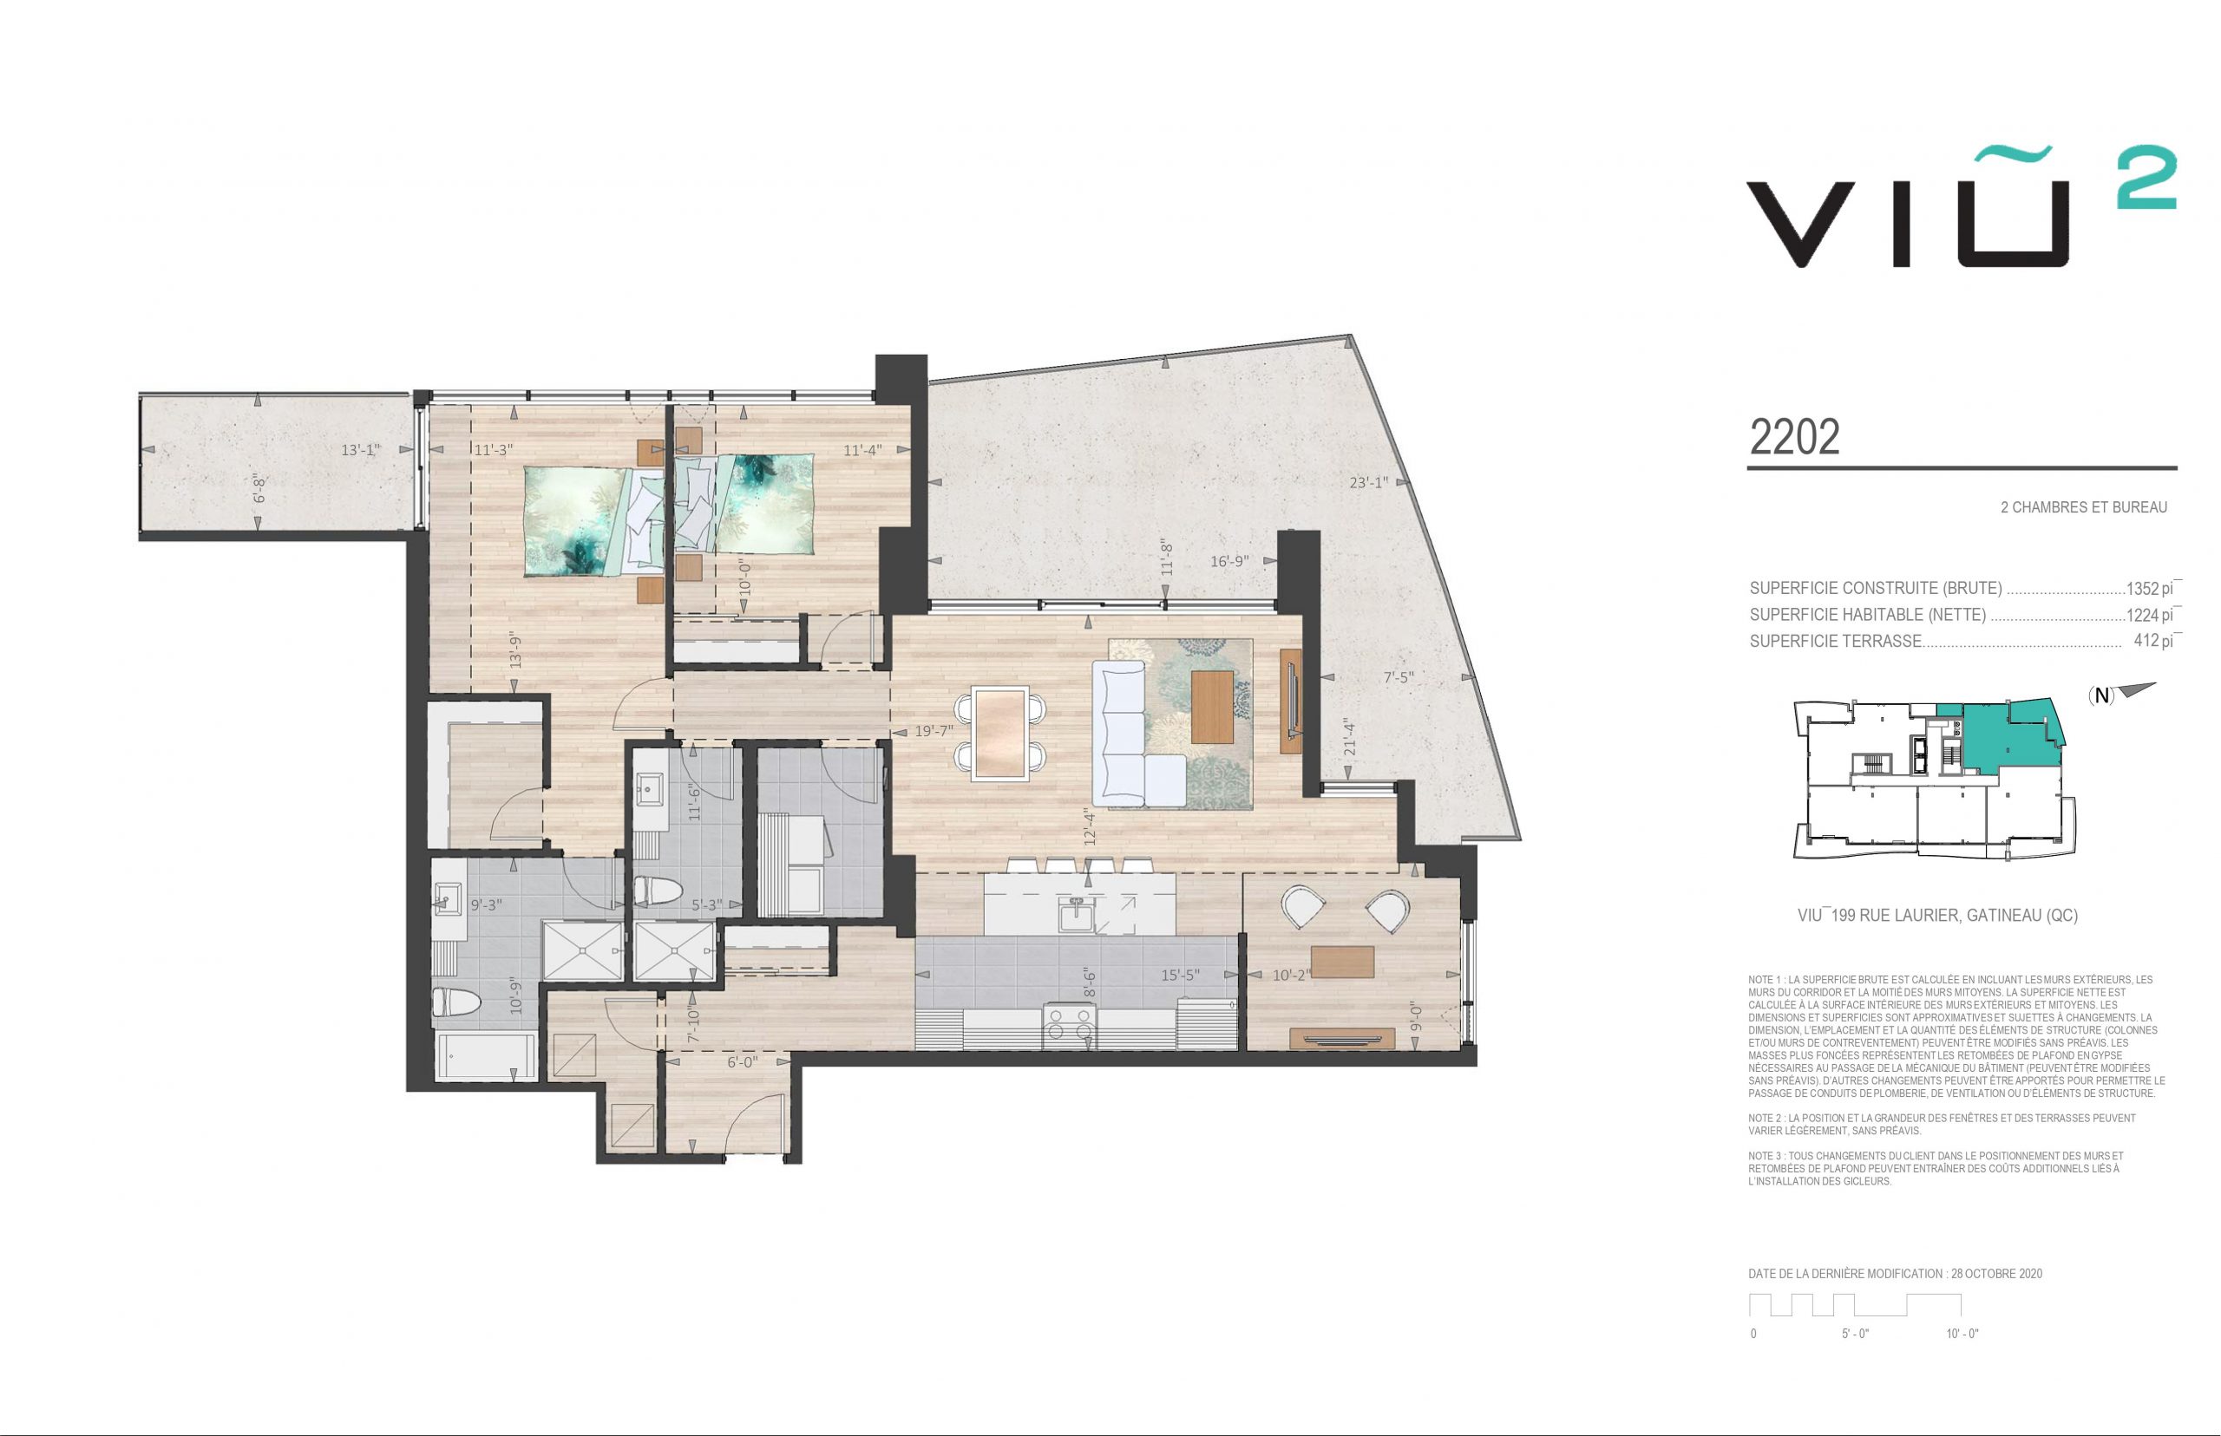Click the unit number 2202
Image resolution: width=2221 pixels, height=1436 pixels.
click(1795, 436)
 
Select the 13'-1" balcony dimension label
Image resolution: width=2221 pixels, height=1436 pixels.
click(361, 450)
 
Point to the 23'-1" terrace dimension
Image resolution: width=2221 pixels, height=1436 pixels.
click(1368, 482)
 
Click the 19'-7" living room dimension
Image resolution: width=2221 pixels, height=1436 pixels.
click(934, 731)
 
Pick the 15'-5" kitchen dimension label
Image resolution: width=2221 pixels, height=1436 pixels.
click(1180, 976)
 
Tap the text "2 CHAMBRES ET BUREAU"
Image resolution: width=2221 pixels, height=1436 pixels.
click(2083, 507)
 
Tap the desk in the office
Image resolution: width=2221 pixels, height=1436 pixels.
click(1342, 960)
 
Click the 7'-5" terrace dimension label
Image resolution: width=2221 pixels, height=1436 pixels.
click(1399, 678)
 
